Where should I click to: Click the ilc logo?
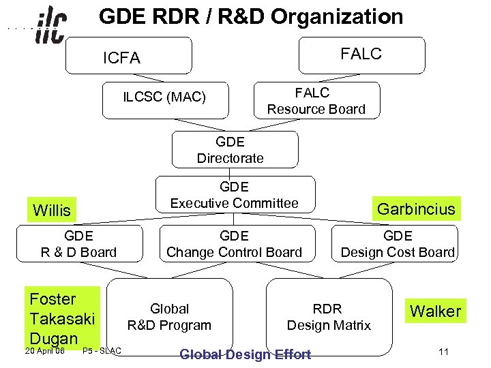coord(50,26)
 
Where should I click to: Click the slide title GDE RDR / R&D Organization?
coord(251,16)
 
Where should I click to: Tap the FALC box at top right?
coord(361,55)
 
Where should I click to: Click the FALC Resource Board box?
coord(316,101)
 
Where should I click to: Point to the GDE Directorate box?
coord(230,150)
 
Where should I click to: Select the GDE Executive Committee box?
coord(235,195)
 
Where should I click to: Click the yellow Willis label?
coord(52,210)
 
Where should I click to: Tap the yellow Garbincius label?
coord(416,209)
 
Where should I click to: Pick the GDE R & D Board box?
coord(78,244)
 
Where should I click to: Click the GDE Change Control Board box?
coord(234,244)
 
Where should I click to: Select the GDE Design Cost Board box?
coord(398,244)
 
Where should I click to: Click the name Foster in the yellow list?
coord(53,299)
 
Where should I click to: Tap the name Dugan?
coord(54,338)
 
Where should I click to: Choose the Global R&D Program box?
coord(170,317)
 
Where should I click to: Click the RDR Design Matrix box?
coord(328,317)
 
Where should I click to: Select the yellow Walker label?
coord(435,311)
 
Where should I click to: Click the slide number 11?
coord(443,352)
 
